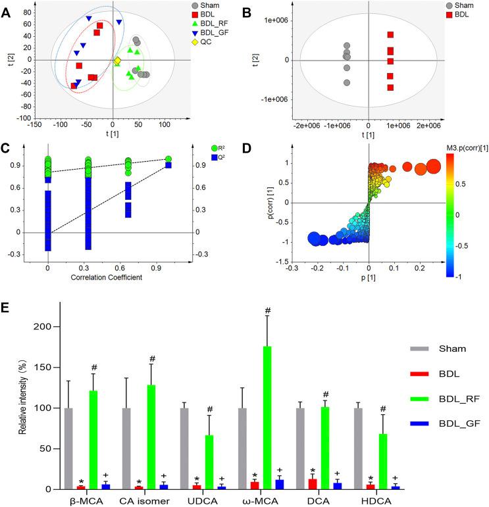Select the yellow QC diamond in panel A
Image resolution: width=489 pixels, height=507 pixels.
click(117, 61)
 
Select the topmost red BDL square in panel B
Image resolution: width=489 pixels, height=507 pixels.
click(390, 35)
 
